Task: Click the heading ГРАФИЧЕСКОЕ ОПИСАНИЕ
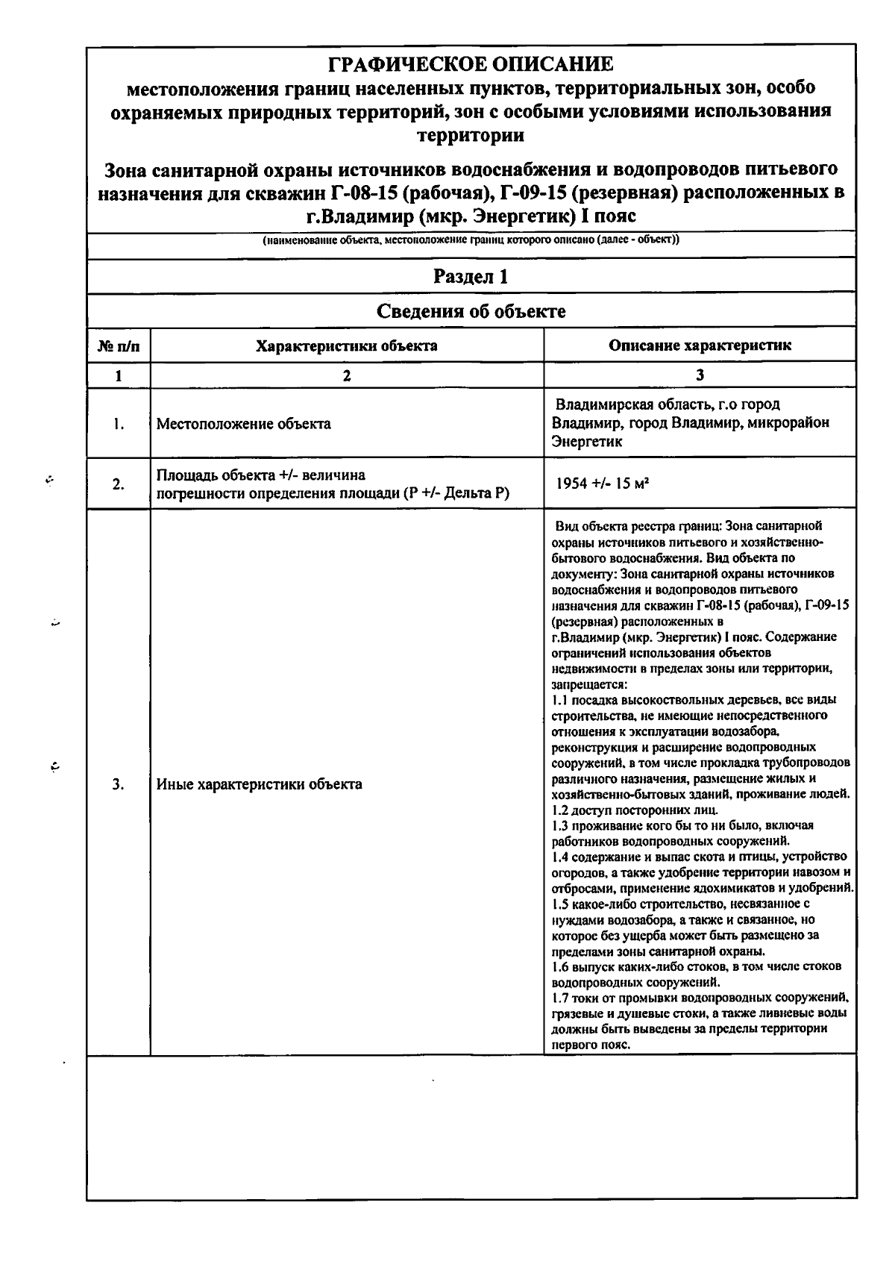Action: tap(471, 63)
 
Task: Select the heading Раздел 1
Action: tap(471, 277)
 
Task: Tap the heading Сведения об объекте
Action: tap(471, 311)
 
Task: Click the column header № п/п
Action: tap(119, 346)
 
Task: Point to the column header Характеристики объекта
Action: tap(347, 346)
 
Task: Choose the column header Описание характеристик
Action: tap(700, 345)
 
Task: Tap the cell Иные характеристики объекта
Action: tap(260, 784)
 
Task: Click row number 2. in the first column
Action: tap(119, 484)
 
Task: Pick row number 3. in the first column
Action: tap(119, 784)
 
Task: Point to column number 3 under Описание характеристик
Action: tap(700, 376)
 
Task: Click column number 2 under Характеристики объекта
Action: tap(347, 376)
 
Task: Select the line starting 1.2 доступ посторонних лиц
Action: tap(635, 810)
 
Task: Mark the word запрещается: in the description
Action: tap(589, 684)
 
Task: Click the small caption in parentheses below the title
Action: tap(471, 240)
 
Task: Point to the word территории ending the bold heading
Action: tap(471, 136)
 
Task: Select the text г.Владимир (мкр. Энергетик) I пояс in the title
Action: tap(471, 216)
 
